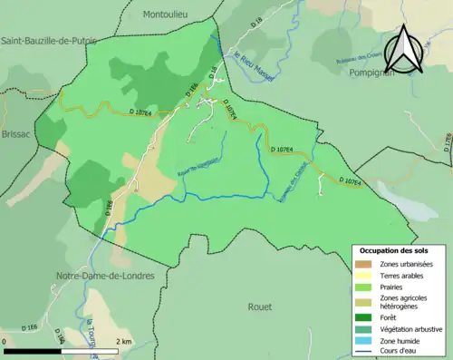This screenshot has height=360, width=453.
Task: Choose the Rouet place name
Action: point(259,306)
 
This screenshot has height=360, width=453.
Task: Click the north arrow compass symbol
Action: point(403,48)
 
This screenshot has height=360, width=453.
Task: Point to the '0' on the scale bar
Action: point(5,341)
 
